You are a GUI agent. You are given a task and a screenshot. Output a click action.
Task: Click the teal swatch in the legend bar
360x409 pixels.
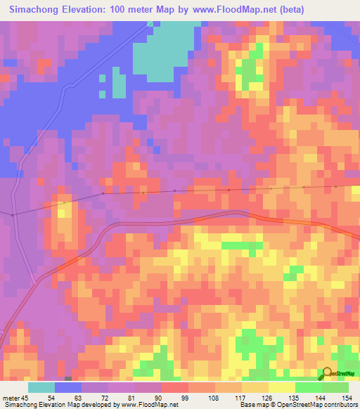tap(41, 387)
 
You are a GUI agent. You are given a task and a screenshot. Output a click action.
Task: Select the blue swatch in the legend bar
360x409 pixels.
tap(68, 387)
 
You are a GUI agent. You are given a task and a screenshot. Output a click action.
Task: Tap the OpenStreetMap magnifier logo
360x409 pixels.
tap(327, 373)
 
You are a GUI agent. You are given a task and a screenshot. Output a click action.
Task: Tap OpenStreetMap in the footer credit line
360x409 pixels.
tap(292, 405)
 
